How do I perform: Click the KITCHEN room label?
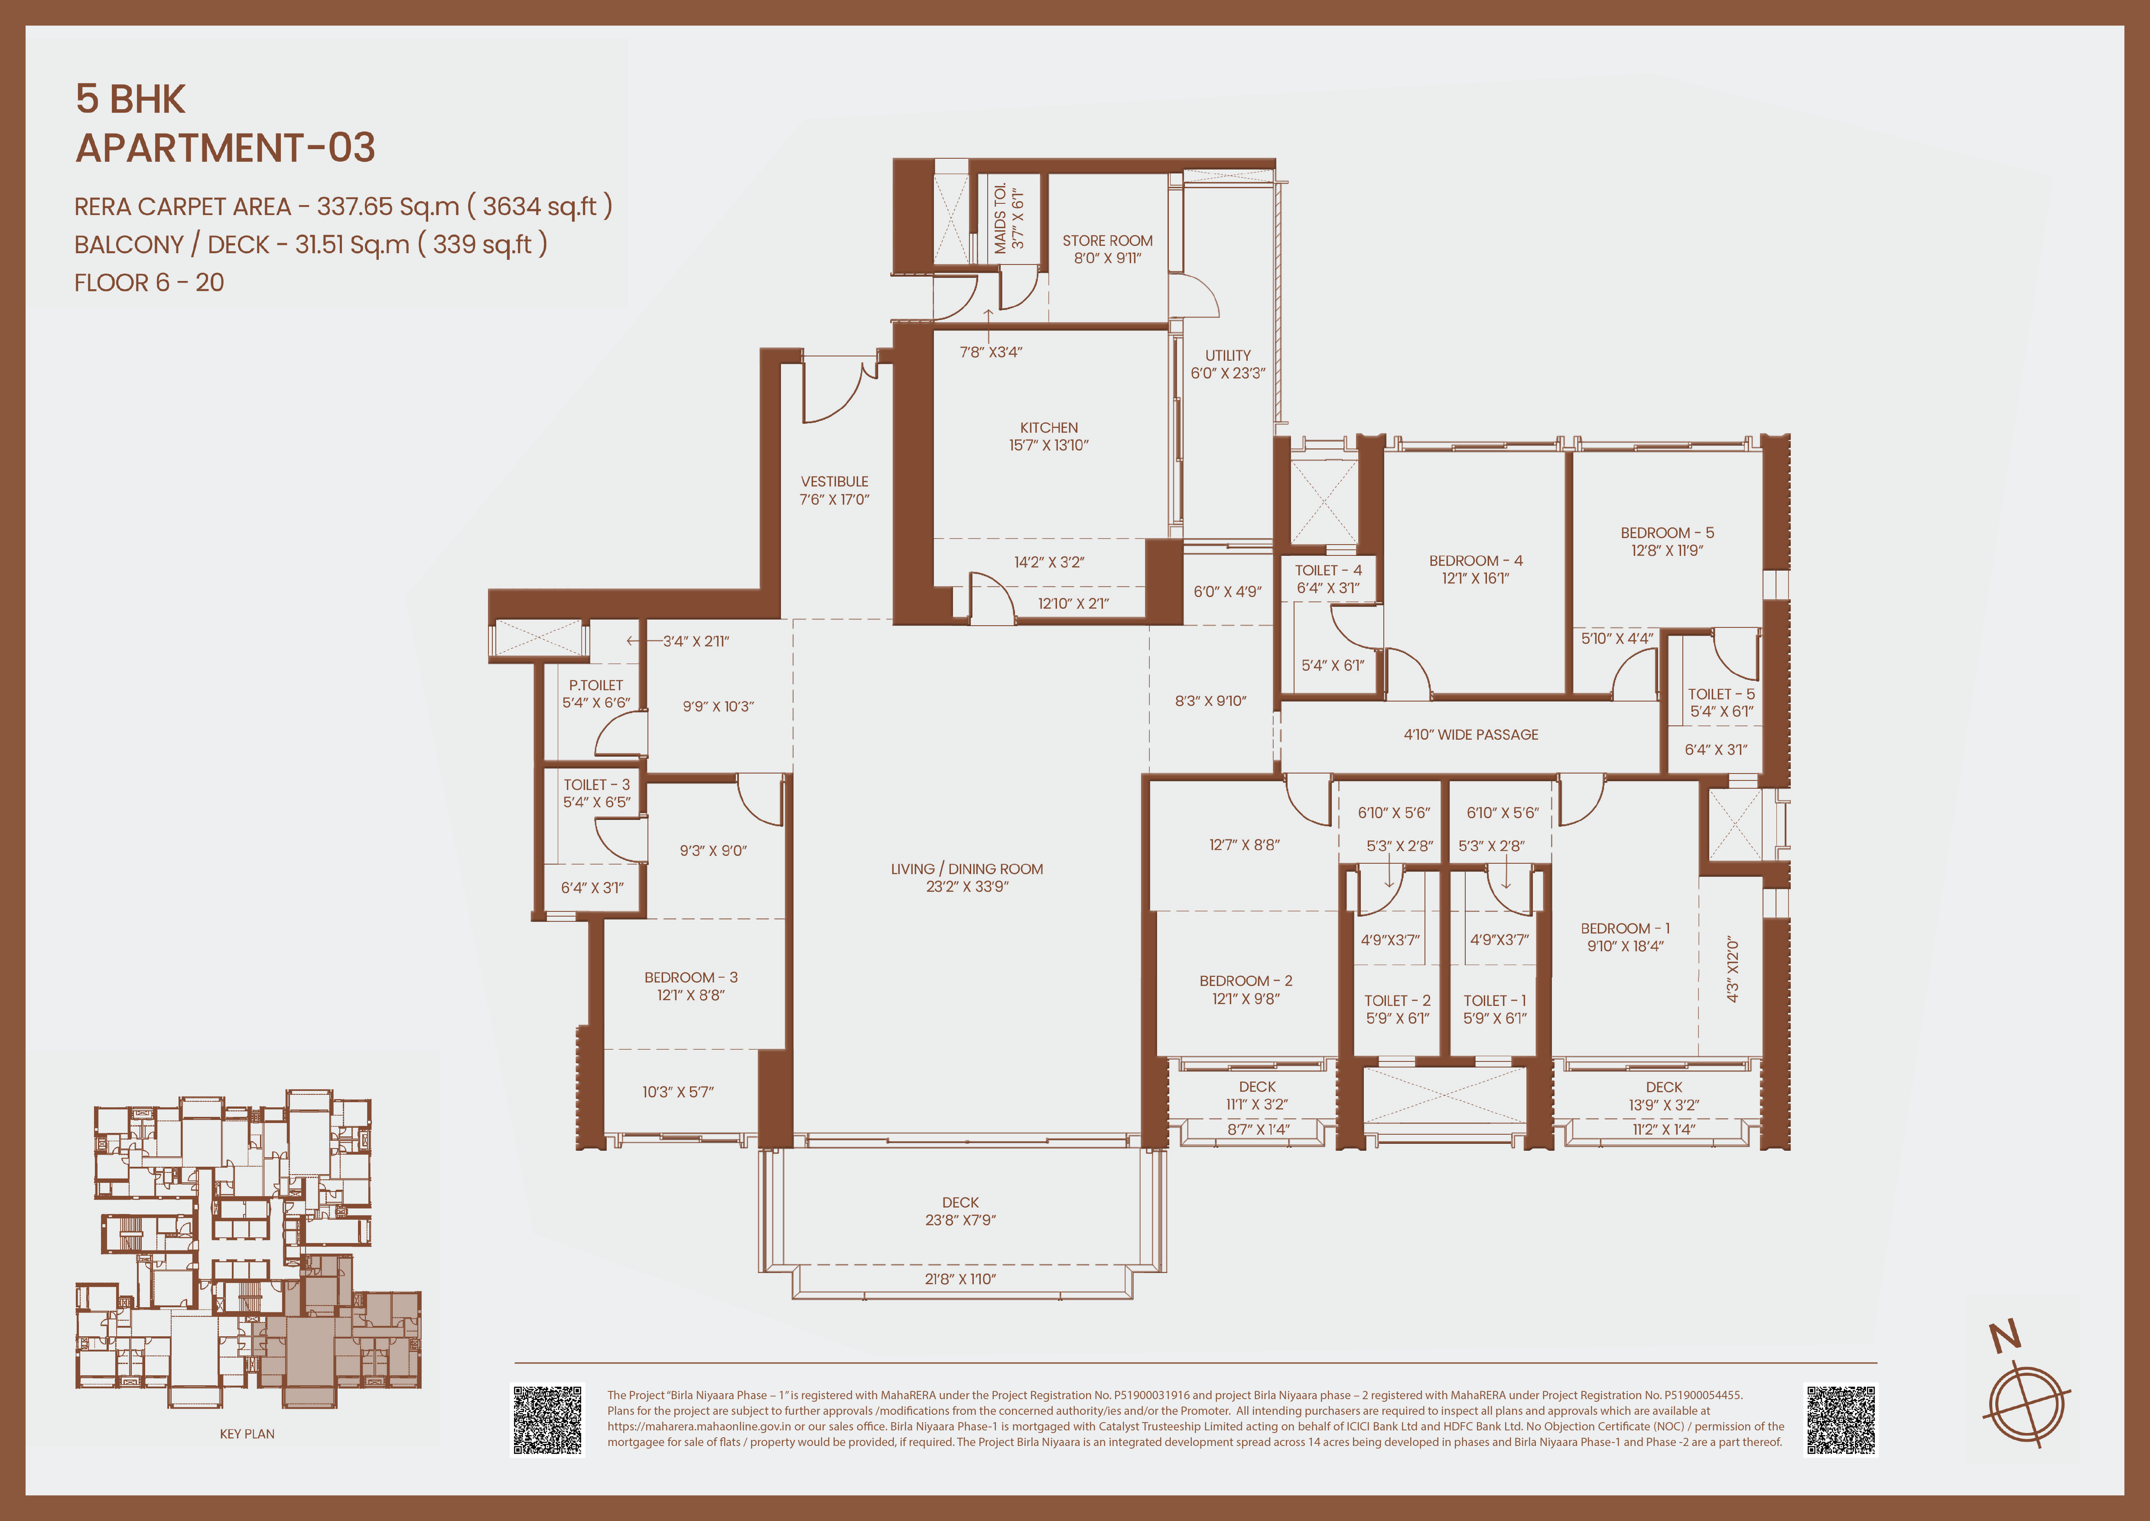(1049, 427)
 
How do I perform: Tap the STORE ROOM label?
(1107, 241)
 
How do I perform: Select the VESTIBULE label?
(834, 481)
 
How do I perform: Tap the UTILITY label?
(1228, 356)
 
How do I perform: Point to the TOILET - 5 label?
(1721, 694)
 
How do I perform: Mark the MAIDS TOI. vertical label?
(1000, 217)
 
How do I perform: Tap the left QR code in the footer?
(548, 1420)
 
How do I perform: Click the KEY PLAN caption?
(247, 1434)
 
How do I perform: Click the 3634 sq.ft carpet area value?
(540, 206)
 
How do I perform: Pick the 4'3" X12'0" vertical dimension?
(1732, 969)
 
